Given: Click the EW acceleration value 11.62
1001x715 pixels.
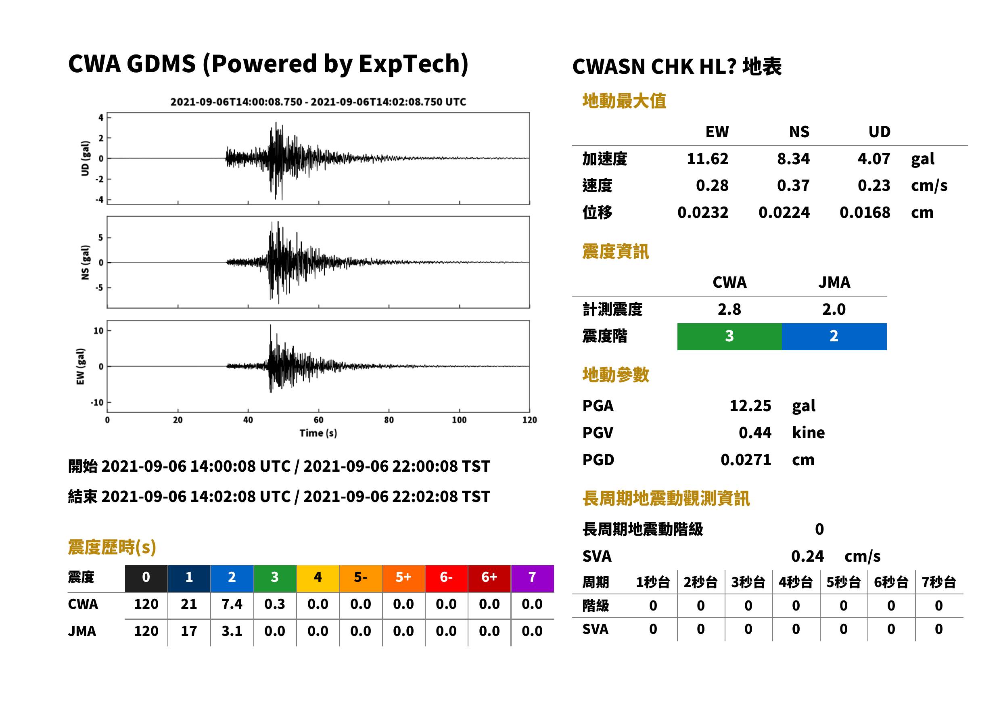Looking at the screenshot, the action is tap(707, 159).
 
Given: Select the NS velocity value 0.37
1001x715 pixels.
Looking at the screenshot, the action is tap(793, 185).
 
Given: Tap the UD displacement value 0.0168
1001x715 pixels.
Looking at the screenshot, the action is tap(865, 213).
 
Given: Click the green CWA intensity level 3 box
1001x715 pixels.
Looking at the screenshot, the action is tap(729, 337).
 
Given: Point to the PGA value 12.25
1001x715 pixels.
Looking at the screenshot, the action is tap(750, 406).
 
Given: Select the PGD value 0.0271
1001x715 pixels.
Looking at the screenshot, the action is tap(746, 460).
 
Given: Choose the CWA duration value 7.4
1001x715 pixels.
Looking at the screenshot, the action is tap(232, 604).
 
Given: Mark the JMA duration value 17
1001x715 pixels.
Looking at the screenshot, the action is tap(189, 631).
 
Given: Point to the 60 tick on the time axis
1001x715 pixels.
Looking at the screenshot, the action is tap(318, 420).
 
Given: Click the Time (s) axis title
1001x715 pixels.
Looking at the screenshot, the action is tap(318, 433).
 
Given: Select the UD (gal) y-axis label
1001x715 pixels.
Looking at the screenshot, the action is tap(86, 159).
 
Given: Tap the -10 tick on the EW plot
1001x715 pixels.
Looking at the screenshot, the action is tap(97, 402).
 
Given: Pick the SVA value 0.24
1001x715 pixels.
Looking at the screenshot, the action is tap(807, 556).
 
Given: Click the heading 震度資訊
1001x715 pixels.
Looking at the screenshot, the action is tap(615, 252).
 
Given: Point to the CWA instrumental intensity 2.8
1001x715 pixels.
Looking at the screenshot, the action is tap(729, 309).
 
